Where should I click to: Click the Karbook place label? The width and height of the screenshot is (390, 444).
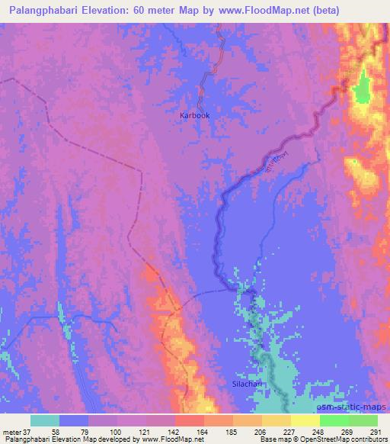(194, 115)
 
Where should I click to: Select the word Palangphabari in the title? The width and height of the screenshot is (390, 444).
(39, 10)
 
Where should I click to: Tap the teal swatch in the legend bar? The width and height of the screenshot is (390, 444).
(45, 420)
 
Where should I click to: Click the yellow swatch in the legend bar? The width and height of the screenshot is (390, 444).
(305, 420)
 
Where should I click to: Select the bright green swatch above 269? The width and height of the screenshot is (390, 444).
(334, 420)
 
